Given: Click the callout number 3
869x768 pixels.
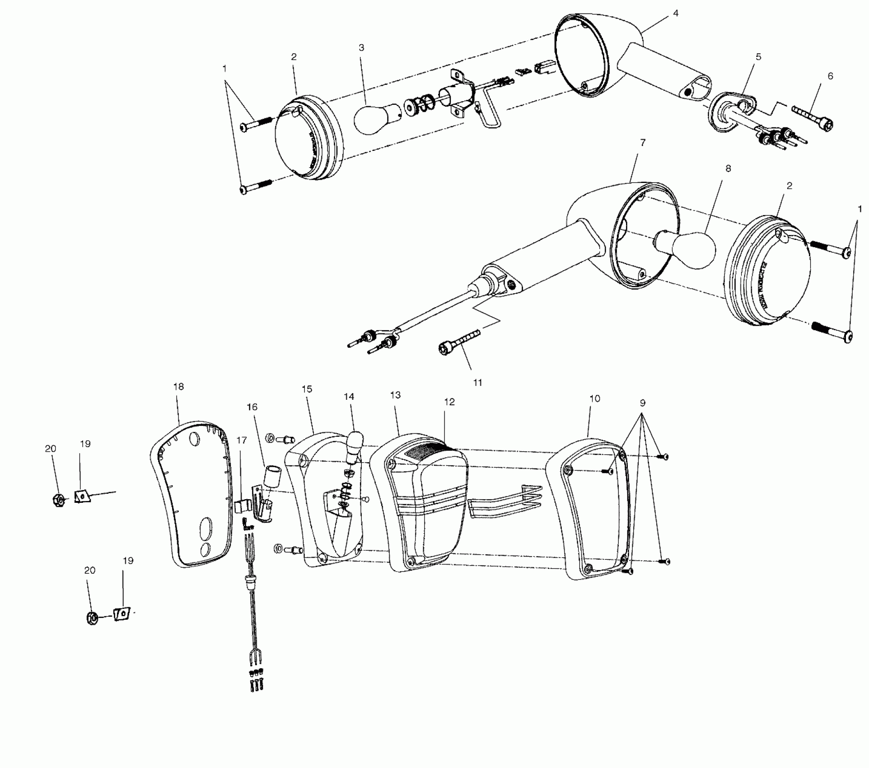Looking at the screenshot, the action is click(x=361, y=47).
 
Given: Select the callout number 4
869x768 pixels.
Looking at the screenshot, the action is click(x=675, y=14).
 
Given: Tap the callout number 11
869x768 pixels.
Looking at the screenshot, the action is click(x=477, y=383).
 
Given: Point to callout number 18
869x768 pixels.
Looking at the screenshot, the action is click(x=178, y=387).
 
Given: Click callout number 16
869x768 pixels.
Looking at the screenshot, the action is click(x=252, y=407).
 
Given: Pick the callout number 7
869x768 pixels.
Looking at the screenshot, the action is click(x=643, y=143).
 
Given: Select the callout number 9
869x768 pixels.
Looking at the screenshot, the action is click(x=642, y=403).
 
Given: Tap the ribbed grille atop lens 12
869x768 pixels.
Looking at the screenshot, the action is click(x=427, y=450).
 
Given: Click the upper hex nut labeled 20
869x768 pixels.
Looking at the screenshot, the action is click(x=58, y=499).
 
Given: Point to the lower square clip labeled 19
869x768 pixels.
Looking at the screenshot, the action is click(x=121, y=614).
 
